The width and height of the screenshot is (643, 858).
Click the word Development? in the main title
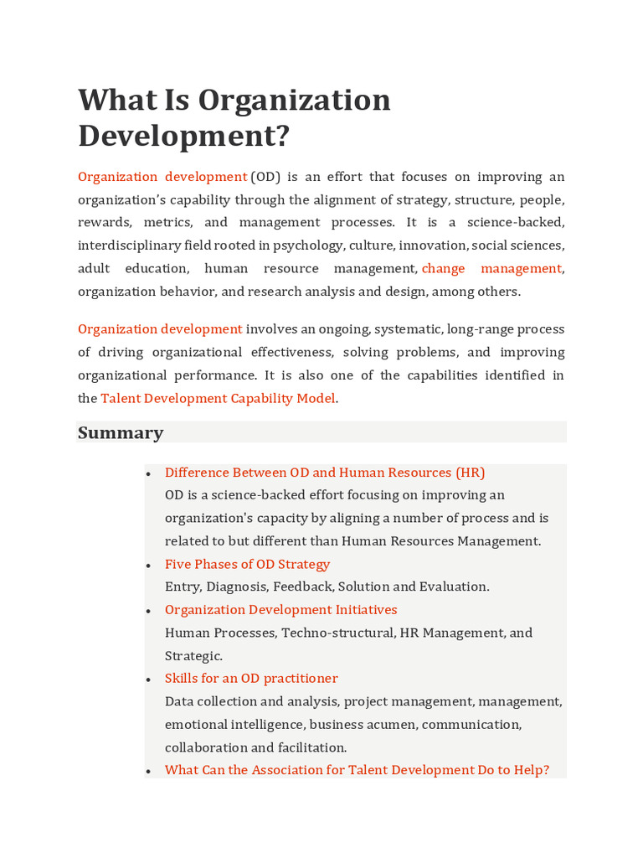coord(183,135)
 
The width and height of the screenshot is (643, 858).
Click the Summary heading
coord(121,432)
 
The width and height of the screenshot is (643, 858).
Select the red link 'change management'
coord(491,268)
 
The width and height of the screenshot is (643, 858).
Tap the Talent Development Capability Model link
coord(218,398)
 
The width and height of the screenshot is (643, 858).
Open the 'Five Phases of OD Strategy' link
coord(247,564)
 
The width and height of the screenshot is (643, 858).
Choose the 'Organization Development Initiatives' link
coord(280,609)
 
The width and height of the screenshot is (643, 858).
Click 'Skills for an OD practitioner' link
coord(251,678)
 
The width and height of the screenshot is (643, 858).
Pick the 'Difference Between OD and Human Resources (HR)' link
coord(325,472)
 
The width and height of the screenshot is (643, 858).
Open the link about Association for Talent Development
coord(357,769)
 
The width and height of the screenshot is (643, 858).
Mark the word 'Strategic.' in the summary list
coord(193,655)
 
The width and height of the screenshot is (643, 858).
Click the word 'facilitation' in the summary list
coord(309,747)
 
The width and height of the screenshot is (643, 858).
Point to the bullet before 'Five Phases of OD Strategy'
coord(148,566)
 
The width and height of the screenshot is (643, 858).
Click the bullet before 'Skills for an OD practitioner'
coord(148,680)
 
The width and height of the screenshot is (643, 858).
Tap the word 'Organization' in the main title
coord(294,100)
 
